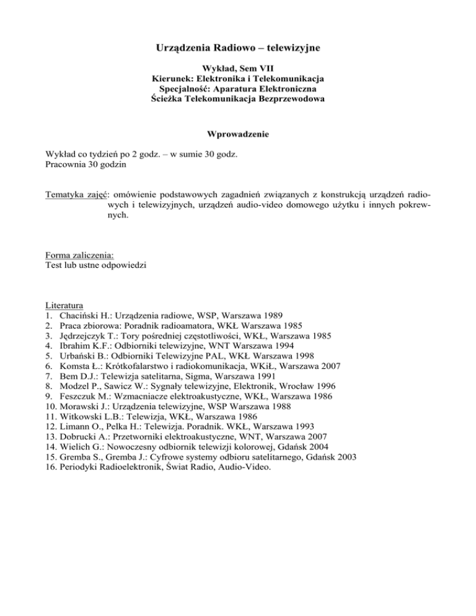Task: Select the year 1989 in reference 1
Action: pos(274,315)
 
